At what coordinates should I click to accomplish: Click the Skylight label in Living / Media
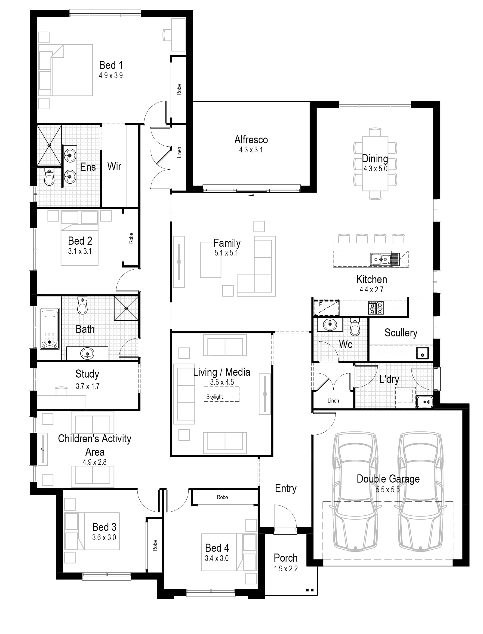coord(215,397)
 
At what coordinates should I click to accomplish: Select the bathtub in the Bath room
coord(50,328)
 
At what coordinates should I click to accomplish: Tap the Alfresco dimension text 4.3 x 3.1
coord(251,150)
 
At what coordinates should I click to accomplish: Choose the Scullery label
coord(401,333)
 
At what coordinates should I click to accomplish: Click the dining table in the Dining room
coord(375,164)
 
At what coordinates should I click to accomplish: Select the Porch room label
coord(286,558)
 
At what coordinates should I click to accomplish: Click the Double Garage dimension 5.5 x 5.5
coord(388,489)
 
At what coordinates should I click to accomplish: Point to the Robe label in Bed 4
coord(222,497)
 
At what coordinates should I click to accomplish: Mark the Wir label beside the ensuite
coord(114,166)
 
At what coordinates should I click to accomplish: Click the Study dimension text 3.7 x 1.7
coord(88,386)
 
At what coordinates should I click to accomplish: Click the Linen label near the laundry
coord(333,400)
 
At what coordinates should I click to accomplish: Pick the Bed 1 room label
coord(111,65)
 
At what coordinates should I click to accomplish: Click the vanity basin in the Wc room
coord(329,325)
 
